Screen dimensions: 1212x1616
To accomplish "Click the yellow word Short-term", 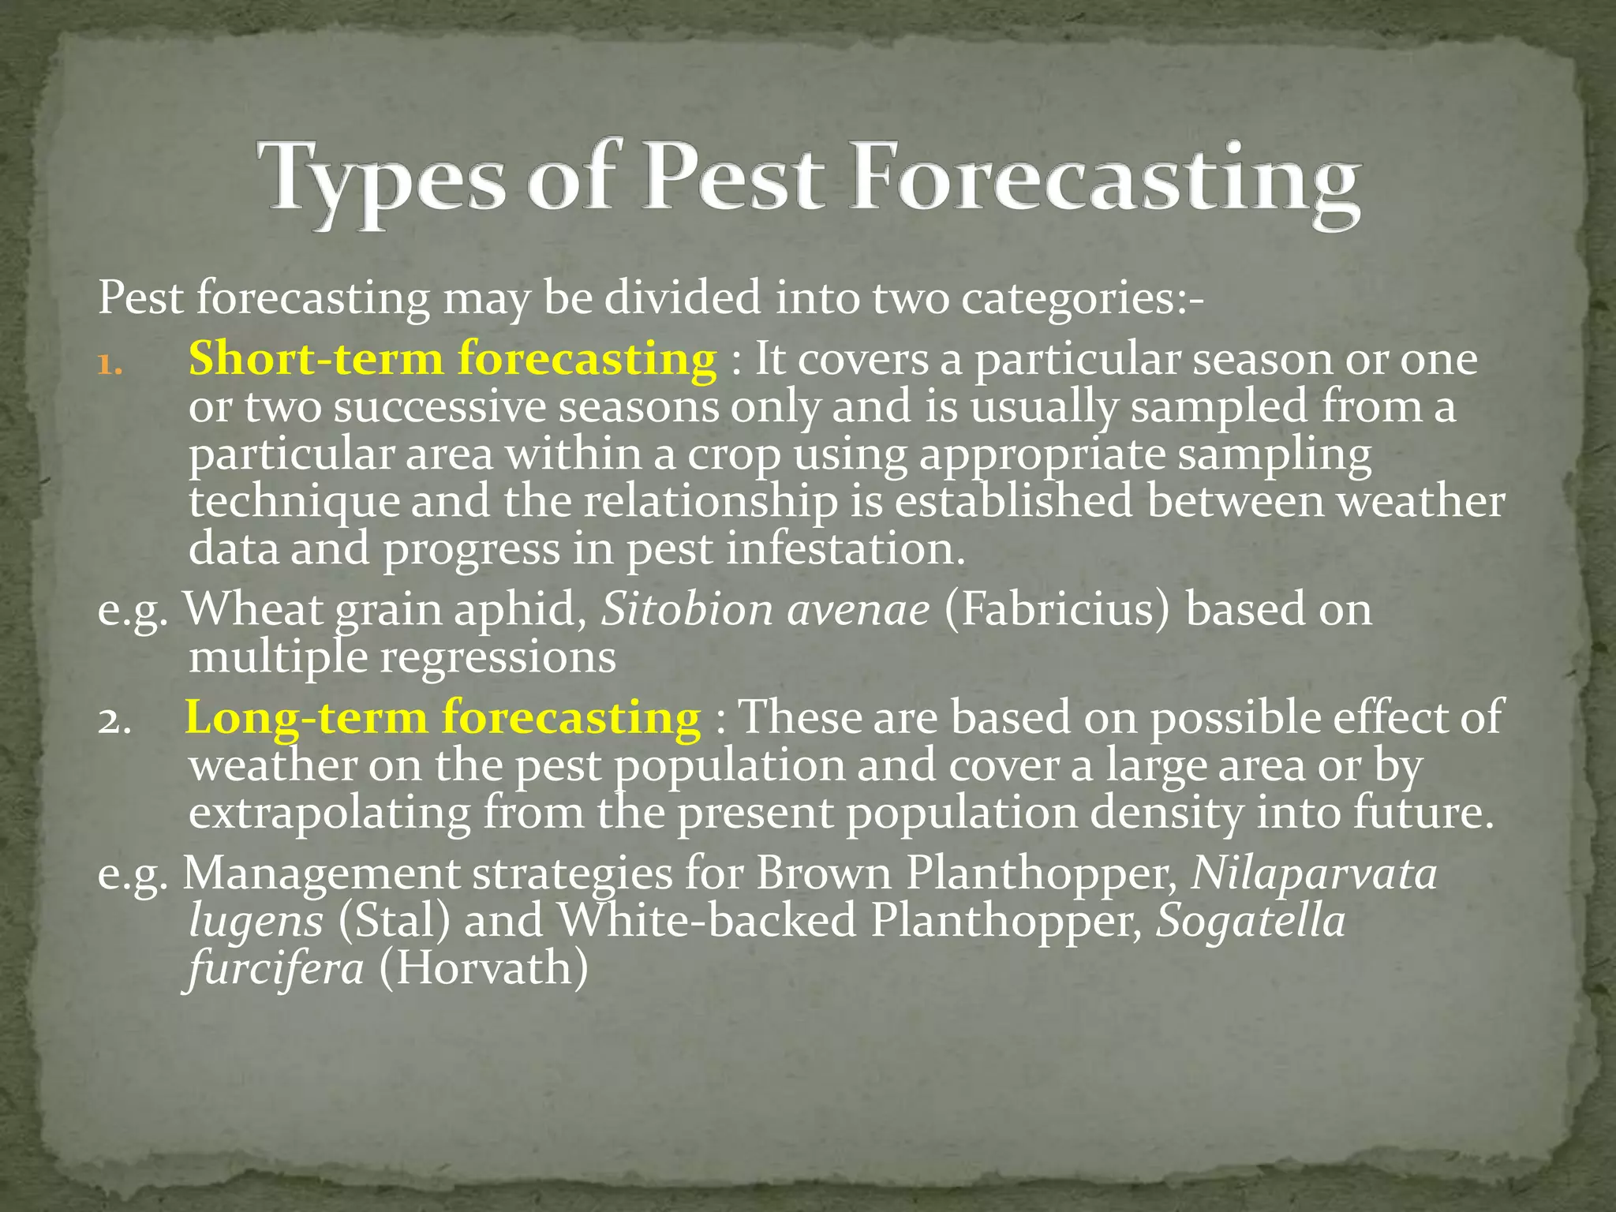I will pyautogui.click(x=316, y=359).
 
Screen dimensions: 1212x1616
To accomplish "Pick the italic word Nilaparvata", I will pyautogui.click(x=1314, y=873).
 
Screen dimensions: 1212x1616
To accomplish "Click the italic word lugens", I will pyautogui.click(x=256, y=922).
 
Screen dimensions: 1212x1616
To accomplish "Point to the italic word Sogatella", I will pyautogui.click(x=1251, y=921).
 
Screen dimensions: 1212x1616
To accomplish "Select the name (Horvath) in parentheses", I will pyautogui.click(x=484, y=968).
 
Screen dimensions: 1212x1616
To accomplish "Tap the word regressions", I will pyautogui.click(x=498, y=657).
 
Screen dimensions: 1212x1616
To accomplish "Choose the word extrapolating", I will pyautogui.click(x=329, y=814).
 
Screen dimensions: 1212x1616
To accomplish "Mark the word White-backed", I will pyautogui.click(x=706, y=921).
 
